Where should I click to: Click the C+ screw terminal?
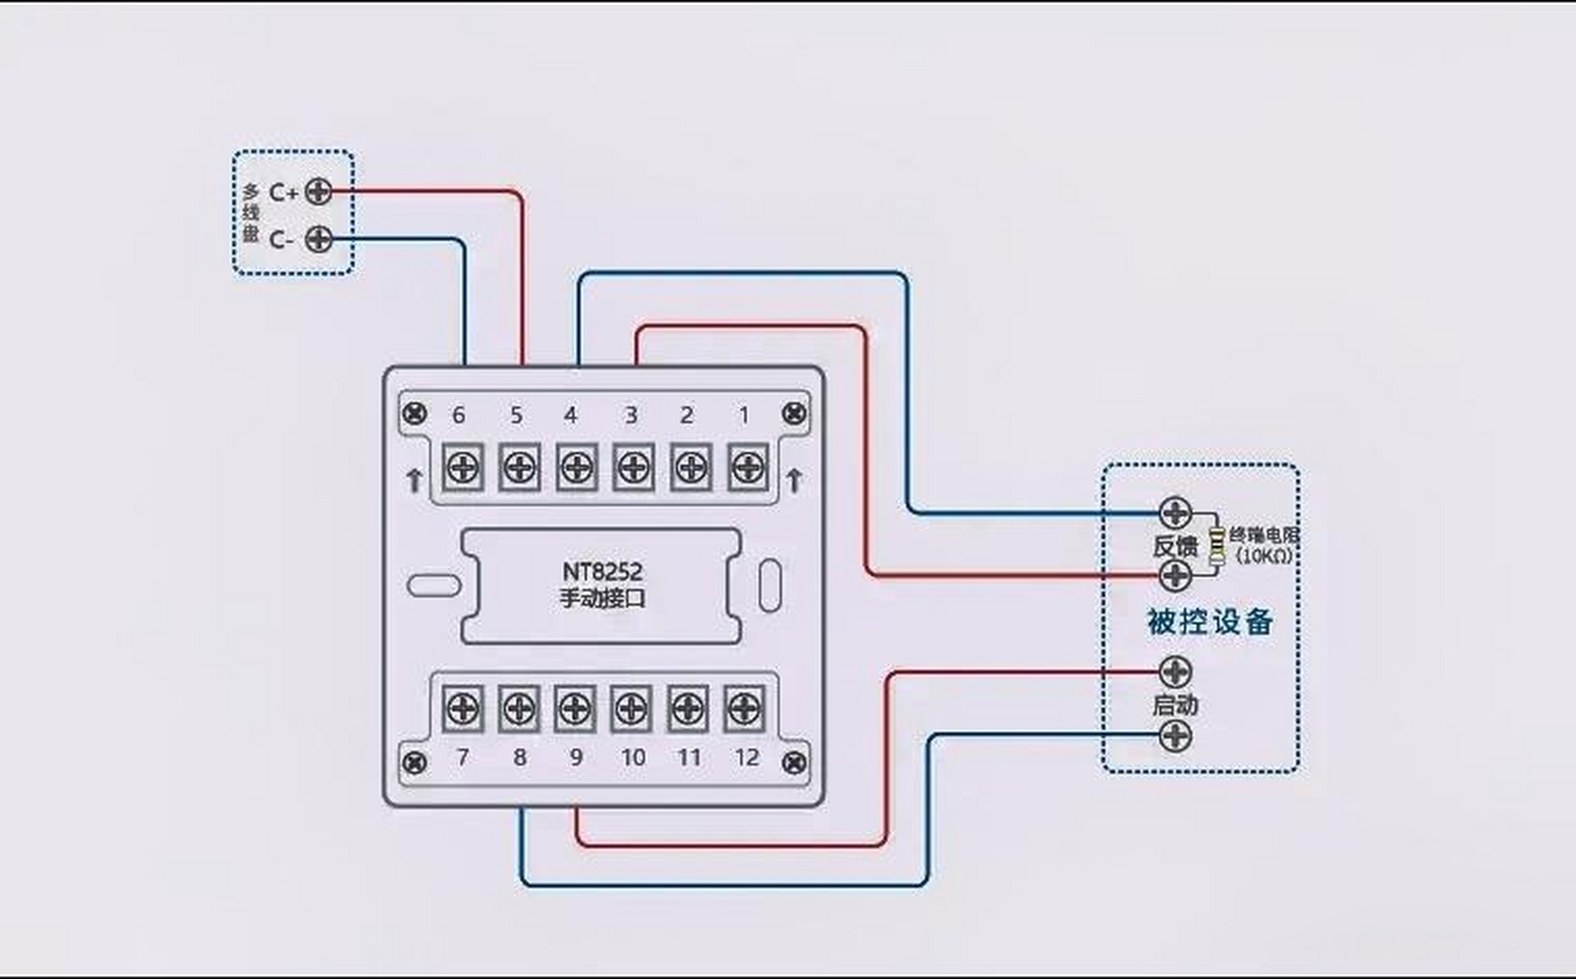pos(318,191)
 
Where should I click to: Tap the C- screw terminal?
pos(318,239)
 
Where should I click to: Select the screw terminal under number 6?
pos(463,467)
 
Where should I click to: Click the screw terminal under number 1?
pos(748,467)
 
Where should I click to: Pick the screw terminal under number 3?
pos(633,467)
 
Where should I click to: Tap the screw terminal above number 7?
pos(463,708)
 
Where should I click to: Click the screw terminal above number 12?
pos(744,708)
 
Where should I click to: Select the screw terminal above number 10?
pos(631,708)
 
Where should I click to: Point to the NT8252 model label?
pos(603,571)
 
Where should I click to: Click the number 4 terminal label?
pos(570,415)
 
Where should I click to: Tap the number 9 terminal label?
pos(577,757)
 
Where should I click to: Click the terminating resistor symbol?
pos(1216,545)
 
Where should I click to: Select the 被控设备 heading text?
pos(1210,622)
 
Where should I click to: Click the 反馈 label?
pos(1175,546)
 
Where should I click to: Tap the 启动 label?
pos(1175,704)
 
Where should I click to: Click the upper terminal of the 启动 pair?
pos(1175,672)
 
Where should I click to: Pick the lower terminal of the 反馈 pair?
pos(1175,576)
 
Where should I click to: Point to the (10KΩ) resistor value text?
pos(1265,556)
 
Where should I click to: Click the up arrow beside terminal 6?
pos(414,480)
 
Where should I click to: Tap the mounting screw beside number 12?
pos(794,762)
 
